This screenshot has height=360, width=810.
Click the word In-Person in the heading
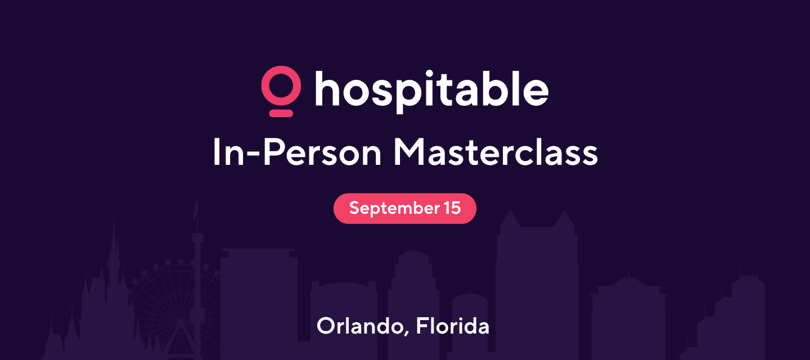coord(297,152)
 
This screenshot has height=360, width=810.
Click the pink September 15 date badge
coord(404,209)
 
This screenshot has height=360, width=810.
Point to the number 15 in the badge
coord(453,208)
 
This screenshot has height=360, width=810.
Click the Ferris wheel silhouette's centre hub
coord(180,321)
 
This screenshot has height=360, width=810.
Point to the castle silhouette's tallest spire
coord(114,231)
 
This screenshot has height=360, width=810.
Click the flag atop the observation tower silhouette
coord(196,208)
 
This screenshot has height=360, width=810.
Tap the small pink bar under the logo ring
coord(281,113)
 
